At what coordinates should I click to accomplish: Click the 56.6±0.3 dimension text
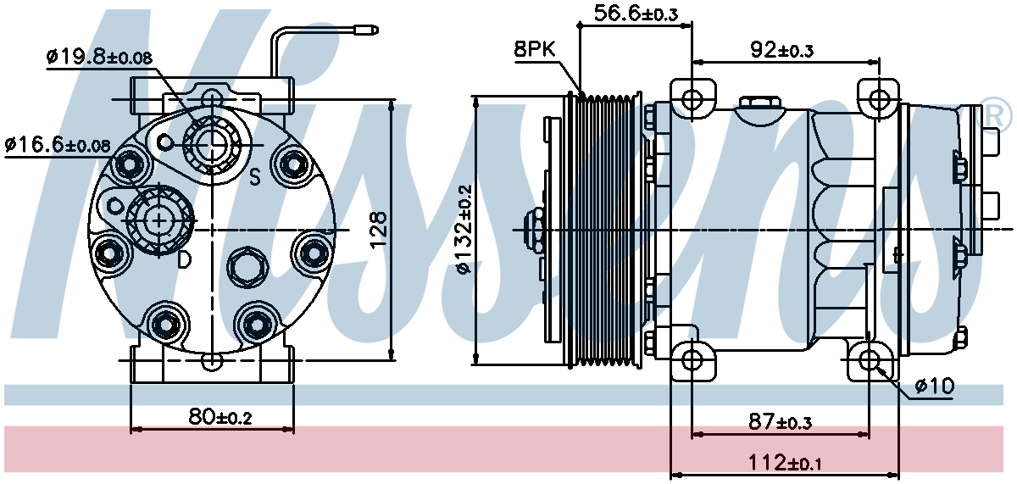(x=636, y=14)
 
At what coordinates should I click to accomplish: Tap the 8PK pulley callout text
(x=535, y=49)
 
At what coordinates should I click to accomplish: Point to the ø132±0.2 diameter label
(x=464, y=230)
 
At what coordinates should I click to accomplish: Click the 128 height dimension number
(x=378, y=230)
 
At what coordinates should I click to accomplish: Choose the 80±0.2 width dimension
(x=220, y=417)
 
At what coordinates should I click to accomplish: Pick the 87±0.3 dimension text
(x=780, y=422)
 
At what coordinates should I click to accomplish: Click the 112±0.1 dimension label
(x=784, y=463)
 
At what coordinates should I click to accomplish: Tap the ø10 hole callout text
(x=934, y=387)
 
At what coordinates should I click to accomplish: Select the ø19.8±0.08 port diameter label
(x=99, y=57)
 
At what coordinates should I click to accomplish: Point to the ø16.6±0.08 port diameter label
(x=58, y=145)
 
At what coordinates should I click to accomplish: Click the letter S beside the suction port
(x=255, y=177)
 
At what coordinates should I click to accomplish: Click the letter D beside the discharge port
(x=184, y=259)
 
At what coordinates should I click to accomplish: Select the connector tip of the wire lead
(x=367, y=31)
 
